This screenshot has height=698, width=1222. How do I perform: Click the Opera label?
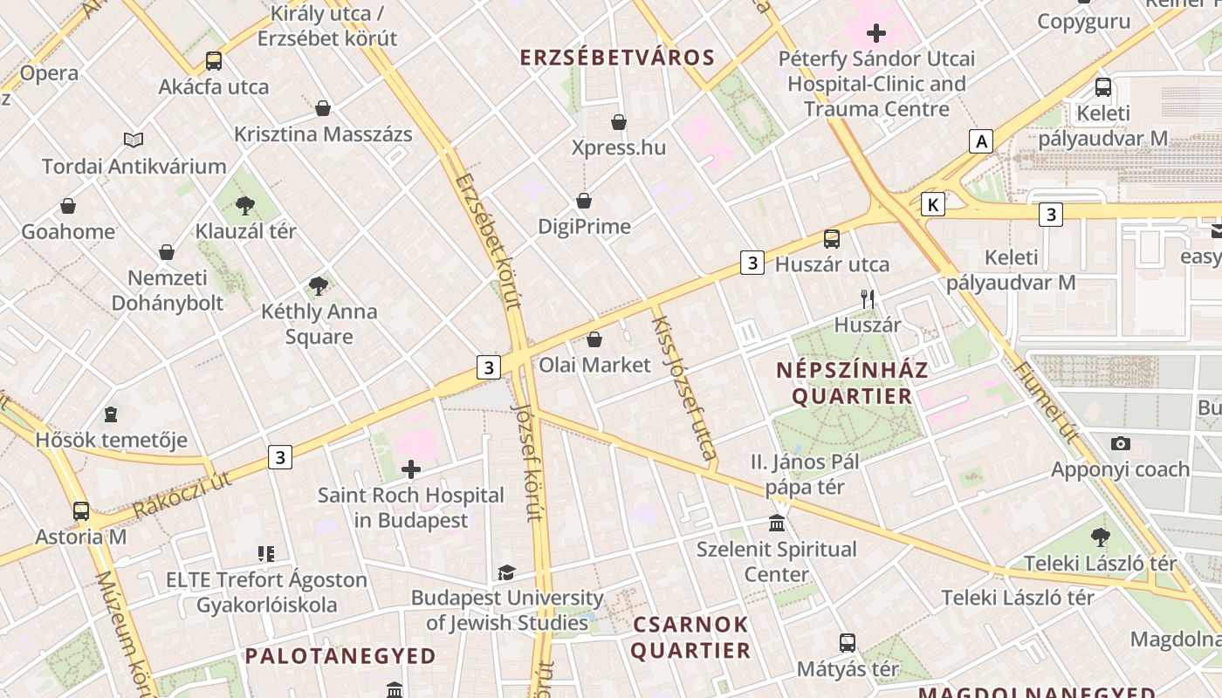[x=49, y=73]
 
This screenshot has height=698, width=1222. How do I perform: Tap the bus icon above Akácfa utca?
[x=214, y=61]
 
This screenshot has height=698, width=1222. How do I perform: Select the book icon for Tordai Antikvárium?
[x=134, y=140]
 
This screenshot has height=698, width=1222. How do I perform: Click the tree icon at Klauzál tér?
[x=245, y=206]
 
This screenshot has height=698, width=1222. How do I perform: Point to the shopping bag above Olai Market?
[x=594, y=339]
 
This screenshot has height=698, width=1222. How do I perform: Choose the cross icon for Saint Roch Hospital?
[x=410, y=469]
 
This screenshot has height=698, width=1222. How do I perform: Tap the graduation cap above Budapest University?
[x=506, y=572]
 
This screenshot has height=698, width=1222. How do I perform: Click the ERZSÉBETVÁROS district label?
[x=617, y=58]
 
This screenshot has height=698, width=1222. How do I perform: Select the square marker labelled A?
[x=982, y=140]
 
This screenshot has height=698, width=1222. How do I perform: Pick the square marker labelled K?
[x=933, y=205]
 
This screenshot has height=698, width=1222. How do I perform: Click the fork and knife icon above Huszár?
[x=868, y=299]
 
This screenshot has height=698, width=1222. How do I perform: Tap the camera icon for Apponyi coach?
[x=1121, y=443]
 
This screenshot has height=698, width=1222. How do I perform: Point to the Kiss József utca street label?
[x=684, y=388]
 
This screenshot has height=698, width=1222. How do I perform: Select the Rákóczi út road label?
[x=183, y=494]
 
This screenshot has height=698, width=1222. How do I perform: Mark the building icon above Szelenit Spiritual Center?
[x=777, y=523]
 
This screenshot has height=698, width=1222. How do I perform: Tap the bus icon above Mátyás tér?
[x=847, y=643]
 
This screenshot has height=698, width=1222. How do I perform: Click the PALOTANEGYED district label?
[x=340, y=656]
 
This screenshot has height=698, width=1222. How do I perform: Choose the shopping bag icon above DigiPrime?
[x=584, y=201]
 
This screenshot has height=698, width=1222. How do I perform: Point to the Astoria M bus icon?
[x=81, y=510]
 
